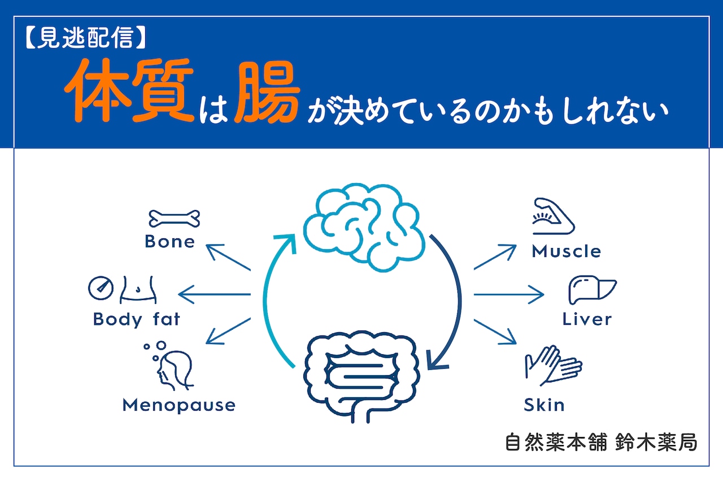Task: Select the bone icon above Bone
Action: [175, 219]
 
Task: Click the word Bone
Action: [169, 242]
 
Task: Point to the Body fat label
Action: [137, 319]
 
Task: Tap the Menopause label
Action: [178, 405]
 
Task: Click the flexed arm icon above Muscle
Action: [553, 216]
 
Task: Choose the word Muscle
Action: [566, 251]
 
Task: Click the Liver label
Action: [587, 319]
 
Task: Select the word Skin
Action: [544, 405]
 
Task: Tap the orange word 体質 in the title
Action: [129, 93]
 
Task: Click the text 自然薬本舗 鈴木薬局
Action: [601, 442]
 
